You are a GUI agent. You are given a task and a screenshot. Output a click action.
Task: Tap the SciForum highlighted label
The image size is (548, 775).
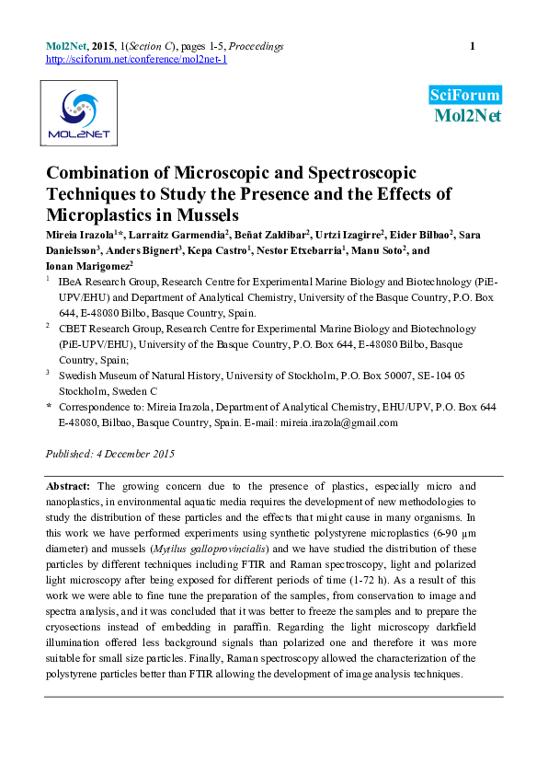point(465,95)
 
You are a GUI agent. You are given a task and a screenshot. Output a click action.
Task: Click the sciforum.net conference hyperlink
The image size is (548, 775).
point(136,59)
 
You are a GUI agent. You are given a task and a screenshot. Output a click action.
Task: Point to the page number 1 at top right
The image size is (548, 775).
point(473,46)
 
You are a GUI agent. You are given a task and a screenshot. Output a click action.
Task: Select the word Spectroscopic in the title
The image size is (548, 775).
point(339,174)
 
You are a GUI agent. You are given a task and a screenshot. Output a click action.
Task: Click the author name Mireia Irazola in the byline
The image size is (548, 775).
point(81,236)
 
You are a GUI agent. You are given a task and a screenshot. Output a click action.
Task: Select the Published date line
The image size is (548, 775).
point(110,454)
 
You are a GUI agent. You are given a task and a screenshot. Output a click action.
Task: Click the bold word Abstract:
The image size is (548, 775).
point(68,485)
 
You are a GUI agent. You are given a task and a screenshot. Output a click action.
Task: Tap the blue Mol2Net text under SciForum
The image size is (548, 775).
point(467,115)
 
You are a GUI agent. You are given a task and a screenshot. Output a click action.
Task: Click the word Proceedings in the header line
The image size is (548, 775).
point(256,46)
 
